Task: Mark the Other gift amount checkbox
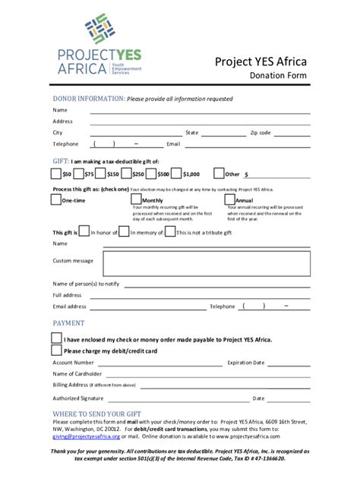(x=219, y=174)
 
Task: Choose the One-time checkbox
(x=55, y=200)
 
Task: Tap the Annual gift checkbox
(x=229, y=200)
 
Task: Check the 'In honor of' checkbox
(x=84, y=232)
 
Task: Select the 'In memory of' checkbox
(x=124, y=232)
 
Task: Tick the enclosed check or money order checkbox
(x=56, y=339)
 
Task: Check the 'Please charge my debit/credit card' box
(x=56, y=351)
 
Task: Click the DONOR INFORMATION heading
(x=87, y=99)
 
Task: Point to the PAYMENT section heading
(x=68, y=323)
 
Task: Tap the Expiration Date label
(x=246, y=363)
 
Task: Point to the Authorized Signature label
(x=78, y=398)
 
